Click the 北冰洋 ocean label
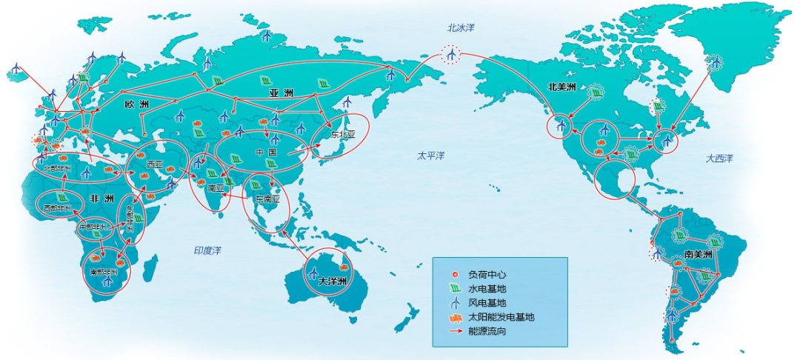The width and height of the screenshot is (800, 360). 460,28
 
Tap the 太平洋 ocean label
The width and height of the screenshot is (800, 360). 430,156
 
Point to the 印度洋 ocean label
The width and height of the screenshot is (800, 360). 207,251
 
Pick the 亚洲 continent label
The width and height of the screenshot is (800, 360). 280,93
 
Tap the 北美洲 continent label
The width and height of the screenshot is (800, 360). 562,87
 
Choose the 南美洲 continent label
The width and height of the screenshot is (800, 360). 698,254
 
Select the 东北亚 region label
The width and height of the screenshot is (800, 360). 343,135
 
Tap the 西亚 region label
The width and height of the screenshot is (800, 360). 155,164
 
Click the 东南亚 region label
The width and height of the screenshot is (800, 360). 267,200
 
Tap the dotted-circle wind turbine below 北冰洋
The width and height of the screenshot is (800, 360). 450,54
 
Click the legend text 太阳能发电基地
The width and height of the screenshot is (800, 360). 501,317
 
